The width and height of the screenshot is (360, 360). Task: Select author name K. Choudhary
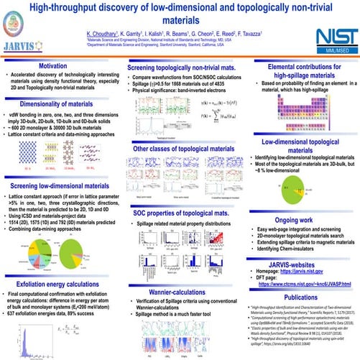pos(105,34)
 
